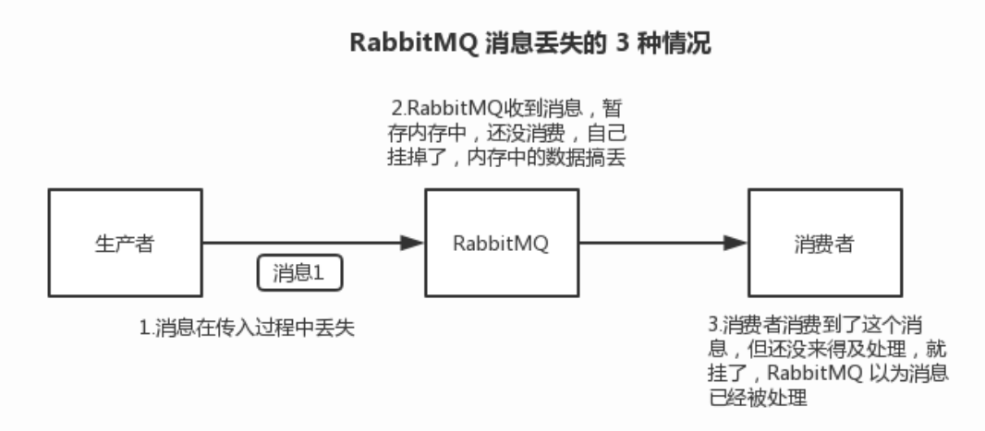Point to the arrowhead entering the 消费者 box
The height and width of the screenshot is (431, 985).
pyautogui.click(x=736, y=244)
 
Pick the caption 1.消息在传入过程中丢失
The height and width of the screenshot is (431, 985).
pyautogui.click(x=249, y=329)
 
